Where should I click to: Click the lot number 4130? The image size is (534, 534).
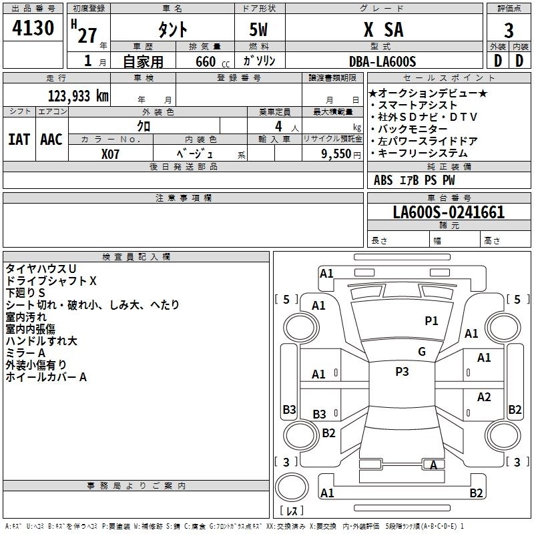(33, 29)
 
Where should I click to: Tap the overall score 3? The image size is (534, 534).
(509, 31)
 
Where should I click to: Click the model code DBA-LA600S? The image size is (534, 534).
(382, 62)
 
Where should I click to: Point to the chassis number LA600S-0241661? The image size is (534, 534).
(449, 213)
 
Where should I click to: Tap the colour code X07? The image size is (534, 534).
(111, 154)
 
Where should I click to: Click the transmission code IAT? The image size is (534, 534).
(19, 140)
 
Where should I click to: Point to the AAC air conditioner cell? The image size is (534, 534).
(51, 140)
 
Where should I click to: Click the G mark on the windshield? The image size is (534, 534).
(421, 352)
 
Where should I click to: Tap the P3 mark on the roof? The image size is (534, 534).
(402, 372)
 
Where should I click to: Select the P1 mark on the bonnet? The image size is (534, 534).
(432, 321)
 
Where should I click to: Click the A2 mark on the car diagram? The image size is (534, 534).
(484, 397)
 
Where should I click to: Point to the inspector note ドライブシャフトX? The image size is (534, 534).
(51, 280)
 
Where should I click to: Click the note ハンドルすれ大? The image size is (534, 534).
(41, 341)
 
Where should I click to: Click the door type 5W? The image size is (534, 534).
(259, 31)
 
